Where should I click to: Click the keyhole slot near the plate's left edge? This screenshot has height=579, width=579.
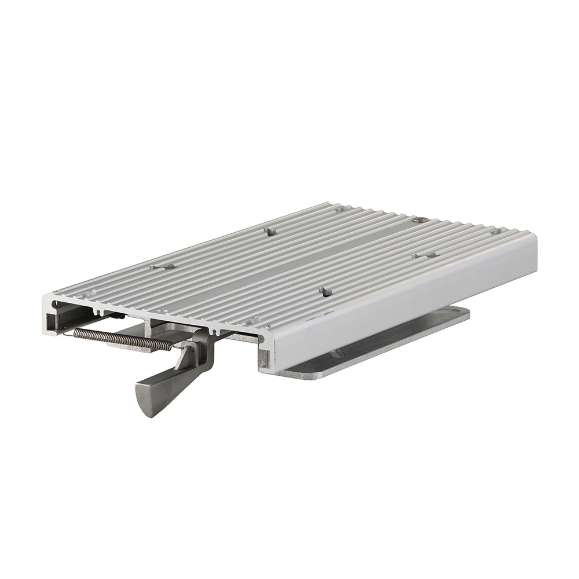163,267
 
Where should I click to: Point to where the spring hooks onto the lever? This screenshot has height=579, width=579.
174,347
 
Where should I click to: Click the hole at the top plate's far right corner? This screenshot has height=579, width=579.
496,232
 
